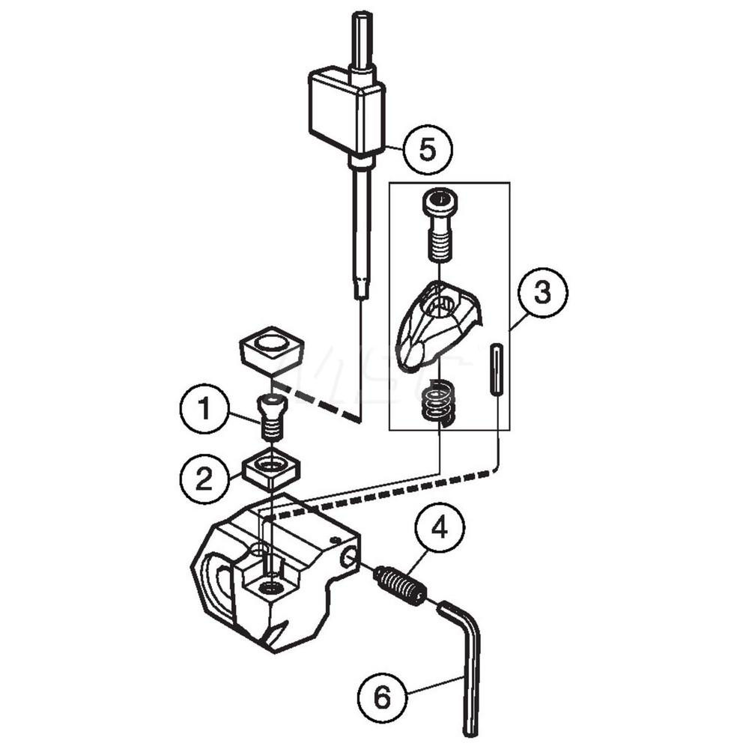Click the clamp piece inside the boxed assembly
point(434,326)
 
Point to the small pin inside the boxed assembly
point(496,372)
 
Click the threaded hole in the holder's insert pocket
point(271,587)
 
